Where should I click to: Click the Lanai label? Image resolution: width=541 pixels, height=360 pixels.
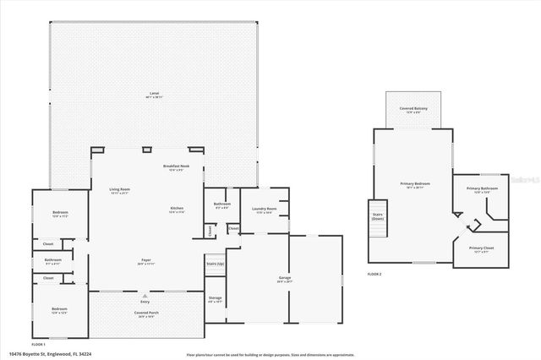coord(154,93)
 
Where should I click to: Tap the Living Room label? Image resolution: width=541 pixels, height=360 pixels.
coord(119,189)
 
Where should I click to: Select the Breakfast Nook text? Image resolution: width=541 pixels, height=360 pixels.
coord(176,166)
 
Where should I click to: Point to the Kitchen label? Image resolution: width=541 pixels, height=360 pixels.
coord(177,208)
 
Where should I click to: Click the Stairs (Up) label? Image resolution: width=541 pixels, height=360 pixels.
coord(216,264)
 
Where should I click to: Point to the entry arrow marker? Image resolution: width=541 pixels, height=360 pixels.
coord(146,296)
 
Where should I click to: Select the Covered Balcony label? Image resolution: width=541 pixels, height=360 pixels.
coord(414,109)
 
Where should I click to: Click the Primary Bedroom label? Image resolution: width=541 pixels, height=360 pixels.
coord(415,183)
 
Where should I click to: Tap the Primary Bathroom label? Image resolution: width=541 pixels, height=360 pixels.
coord(481,188)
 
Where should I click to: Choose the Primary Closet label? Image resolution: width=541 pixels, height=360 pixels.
coord(481,248)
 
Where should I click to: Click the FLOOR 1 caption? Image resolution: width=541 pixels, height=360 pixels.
coord(38,345)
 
